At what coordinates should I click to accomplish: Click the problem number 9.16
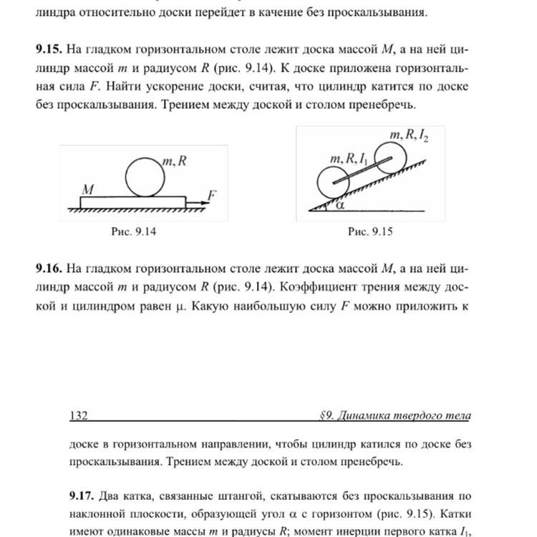click(x=49, y=268)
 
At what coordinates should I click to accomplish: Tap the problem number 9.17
click(x=82, y=495)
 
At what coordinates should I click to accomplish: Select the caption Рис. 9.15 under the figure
click(x=370, y=231)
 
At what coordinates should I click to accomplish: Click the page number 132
click(x=78, y=416)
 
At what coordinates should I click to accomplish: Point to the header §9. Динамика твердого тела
click(x=395, y=416)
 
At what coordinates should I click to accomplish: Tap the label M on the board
click(x=88, y=190)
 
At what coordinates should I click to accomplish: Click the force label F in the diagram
click(x=213, y=194)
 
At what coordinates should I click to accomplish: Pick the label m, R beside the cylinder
click(x=174, y=162)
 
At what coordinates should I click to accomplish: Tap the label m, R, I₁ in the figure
click(x=347, y=158)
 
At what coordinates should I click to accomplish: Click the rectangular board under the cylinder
click(x=133, y=201)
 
